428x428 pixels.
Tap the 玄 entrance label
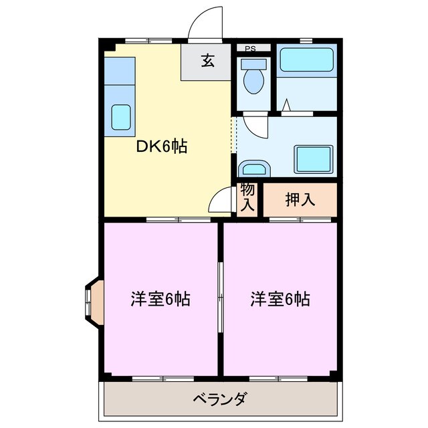coord(207,62)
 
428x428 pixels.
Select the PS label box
coord(249,48)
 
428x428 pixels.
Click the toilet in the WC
coord(253,80)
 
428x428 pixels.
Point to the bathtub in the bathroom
coord(306,60)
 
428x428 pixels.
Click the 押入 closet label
coord(300,199)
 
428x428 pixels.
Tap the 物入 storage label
coord(247,197)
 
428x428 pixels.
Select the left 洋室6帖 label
coord(160,299)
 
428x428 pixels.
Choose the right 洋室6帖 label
coord(280,299)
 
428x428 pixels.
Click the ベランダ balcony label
coord(220,400)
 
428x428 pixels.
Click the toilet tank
coord(254,64)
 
